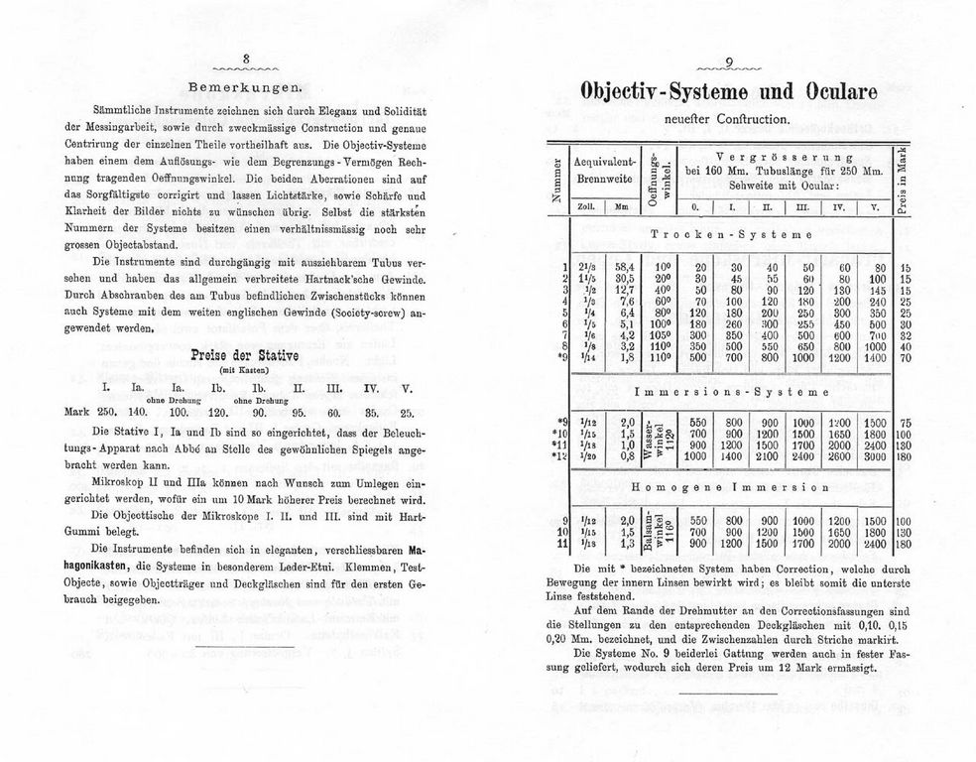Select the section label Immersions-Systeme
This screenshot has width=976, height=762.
coord(731,392)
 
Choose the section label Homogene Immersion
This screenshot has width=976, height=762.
coord(731,488)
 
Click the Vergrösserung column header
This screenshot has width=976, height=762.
coord(784,157)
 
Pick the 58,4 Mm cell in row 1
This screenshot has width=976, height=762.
coord(625,267)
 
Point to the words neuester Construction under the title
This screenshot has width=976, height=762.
coord(730,120)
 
